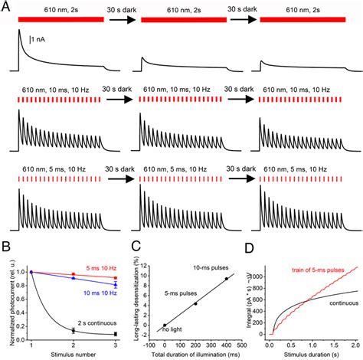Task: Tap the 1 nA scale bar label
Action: (x=44, y=38)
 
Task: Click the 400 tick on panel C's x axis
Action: (x=224, y=344)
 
